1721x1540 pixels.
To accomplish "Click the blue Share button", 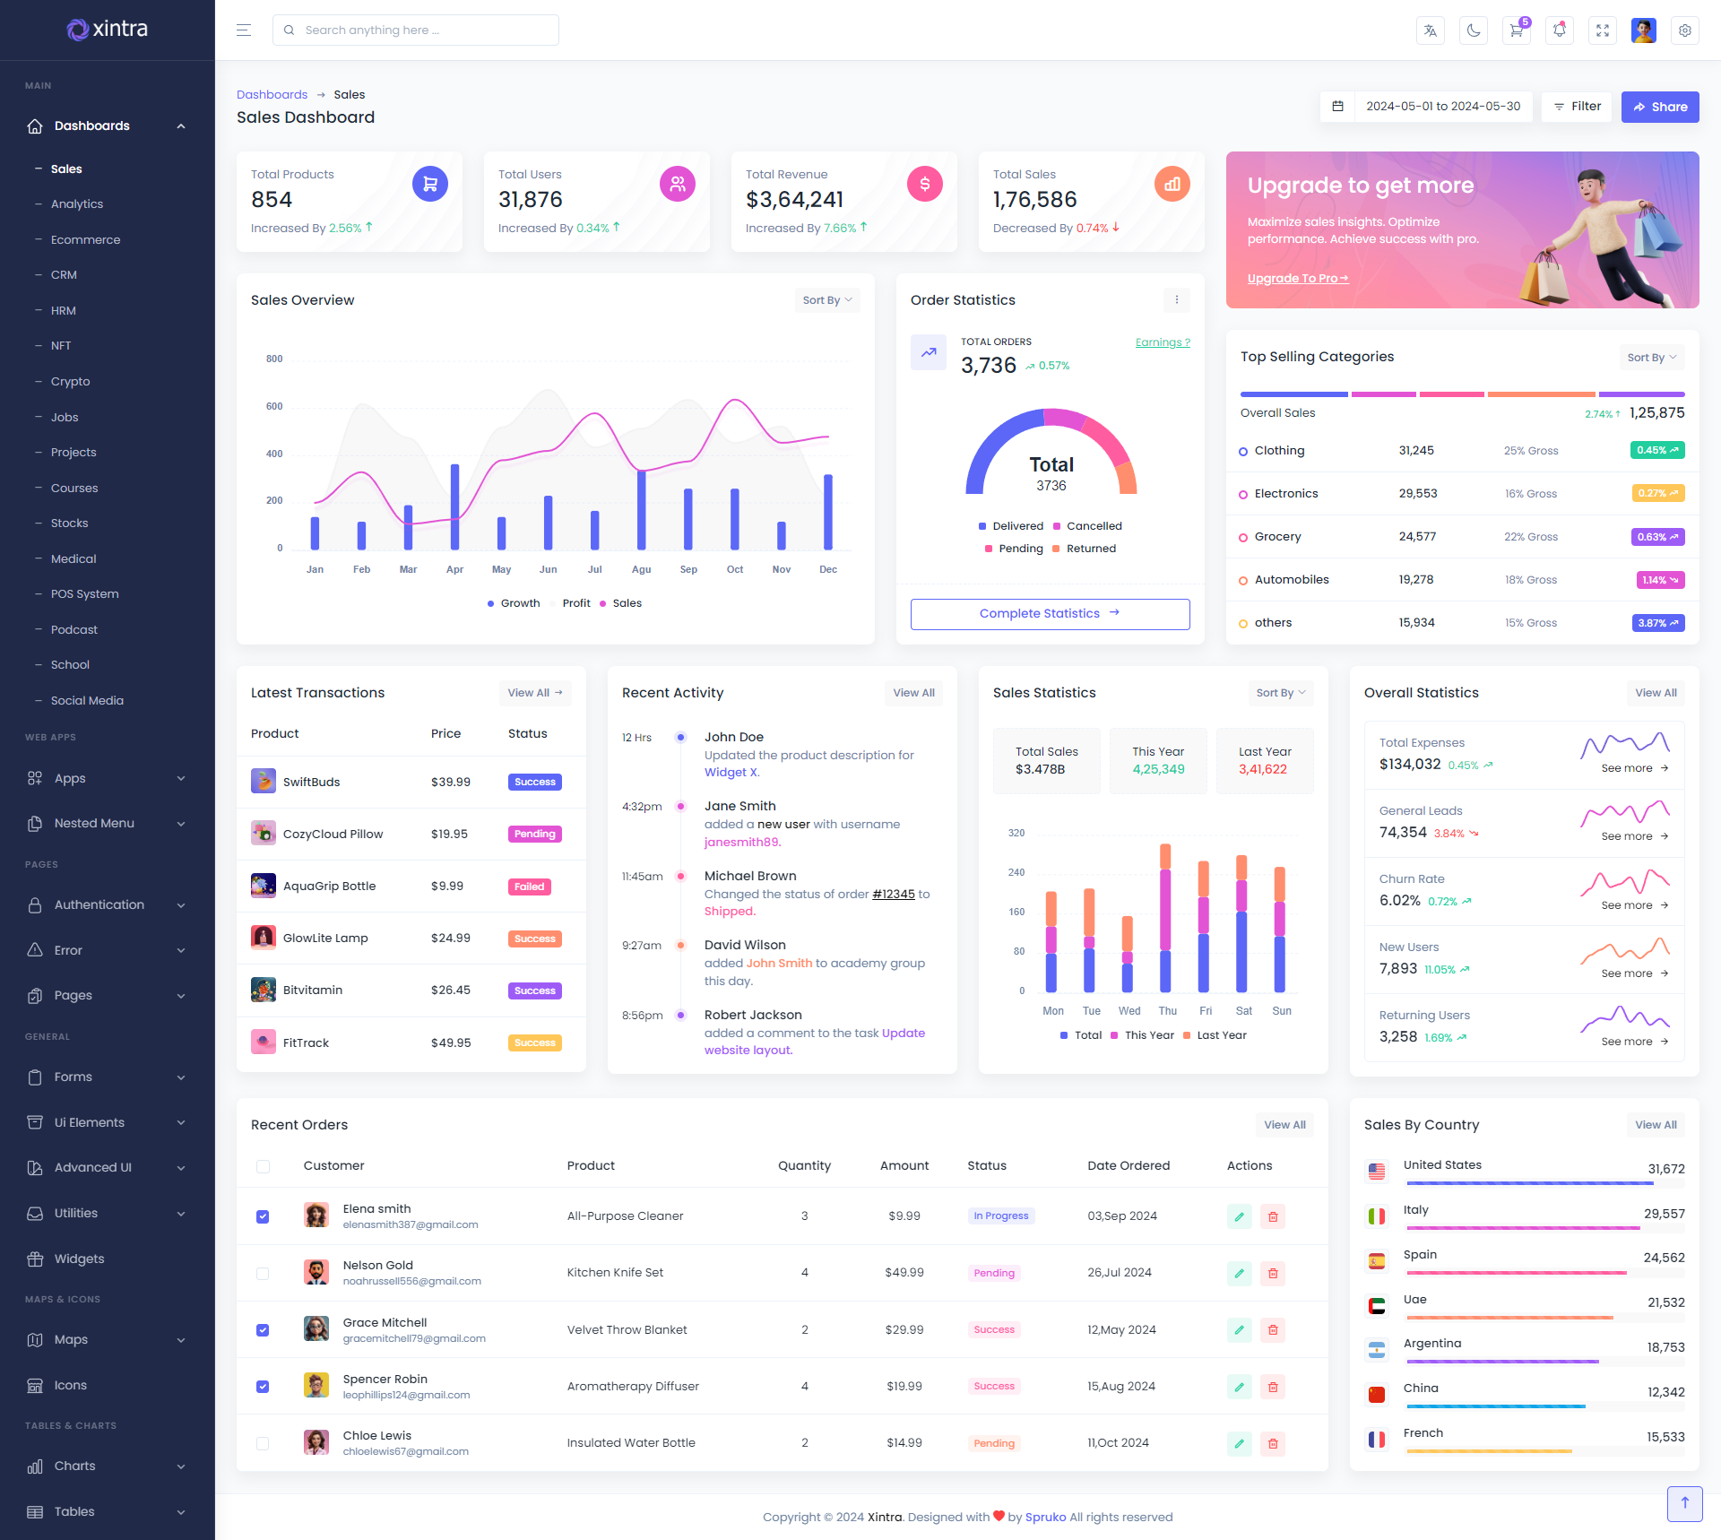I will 1660,107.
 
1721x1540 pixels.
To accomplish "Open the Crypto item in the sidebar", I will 70,382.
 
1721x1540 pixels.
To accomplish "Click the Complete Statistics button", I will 1050,614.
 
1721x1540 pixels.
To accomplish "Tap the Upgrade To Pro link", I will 1297,279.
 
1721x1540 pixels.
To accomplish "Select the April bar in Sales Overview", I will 455,506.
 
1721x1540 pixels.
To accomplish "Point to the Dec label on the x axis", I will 828,570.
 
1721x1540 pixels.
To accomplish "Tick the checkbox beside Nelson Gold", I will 263,1274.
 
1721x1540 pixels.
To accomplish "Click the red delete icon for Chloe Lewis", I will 1273,1444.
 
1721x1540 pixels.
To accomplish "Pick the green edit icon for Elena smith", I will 1240,1217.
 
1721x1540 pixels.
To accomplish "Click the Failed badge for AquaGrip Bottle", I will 530,887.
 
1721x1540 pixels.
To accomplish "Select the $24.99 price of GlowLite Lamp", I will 450,939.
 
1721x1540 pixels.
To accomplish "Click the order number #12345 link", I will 894,895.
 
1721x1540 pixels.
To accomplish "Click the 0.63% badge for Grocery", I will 1657,538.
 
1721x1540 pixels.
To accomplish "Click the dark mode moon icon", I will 1474,30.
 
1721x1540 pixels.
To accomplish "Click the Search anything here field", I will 416,30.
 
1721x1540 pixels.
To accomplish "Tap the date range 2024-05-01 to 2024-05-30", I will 1442,107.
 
